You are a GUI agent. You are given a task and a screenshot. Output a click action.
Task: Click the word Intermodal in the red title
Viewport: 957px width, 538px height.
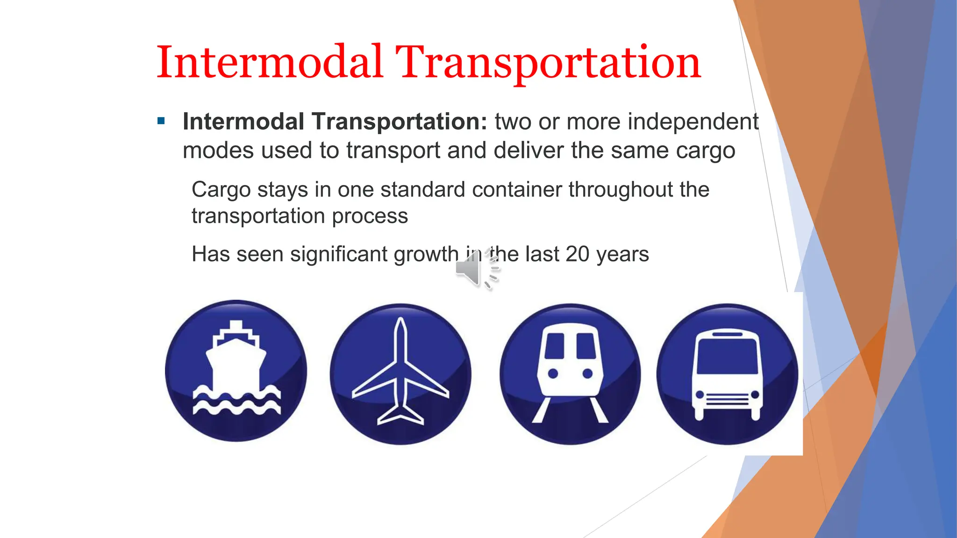pyautogui.click(x=270, y=63)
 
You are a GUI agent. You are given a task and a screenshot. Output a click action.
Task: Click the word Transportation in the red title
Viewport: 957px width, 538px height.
pyautogui.click(x=548, y=63)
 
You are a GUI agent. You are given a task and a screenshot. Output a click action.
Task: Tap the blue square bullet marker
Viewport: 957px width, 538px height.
pyautogui.click(x=162, y=121)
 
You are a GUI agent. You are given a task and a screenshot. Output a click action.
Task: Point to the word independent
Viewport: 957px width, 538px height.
pyautogui.click(x=693, y=122)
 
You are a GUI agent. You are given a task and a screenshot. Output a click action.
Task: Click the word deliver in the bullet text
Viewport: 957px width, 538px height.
pyautogui.click(x=528, y=150)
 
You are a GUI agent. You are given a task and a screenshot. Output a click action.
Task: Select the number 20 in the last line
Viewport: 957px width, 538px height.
pyautogui.click(x=578, y=255)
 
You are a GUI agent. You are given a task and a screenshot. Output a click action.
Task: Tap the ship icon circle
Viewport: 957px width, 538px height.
pyautogui.click(x=236, y=371)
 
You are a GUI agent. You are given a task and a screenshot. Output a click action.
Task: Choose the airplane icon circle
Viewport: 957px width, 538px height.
pyautogui.click(x=400, y=374)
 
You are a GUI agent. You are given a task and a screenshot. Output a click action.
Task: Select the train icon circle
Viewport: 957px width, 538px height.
pyautogui.click(x=570, y=374)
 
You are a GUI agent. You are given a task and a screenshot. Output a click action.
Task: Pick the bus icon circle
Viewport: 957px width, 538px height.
pyautogui.click(x=727, y=374)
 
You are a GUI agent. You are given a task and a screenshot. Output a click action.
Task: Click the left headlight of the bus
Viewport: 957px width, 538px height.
pyautogui.click(x=700, y=395)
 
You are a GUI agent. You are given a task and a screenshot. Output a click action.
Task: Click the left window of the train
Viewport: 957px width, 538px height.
pyautogui.click(x=555, y=346)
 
